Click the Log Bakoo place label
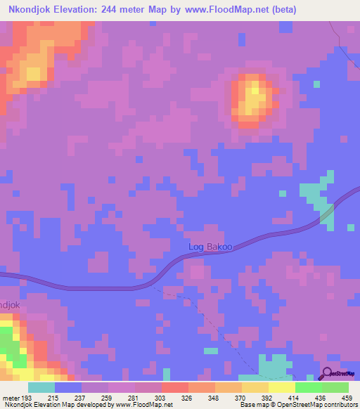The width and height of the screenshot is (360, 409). pos(210,247)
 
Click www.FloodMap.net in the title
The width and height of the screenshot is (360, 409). pos(226,10)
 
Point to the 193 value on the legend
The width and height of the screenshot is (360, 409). pos(27,398)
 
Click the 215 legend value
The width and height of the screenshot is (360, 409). pos(54,398)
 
